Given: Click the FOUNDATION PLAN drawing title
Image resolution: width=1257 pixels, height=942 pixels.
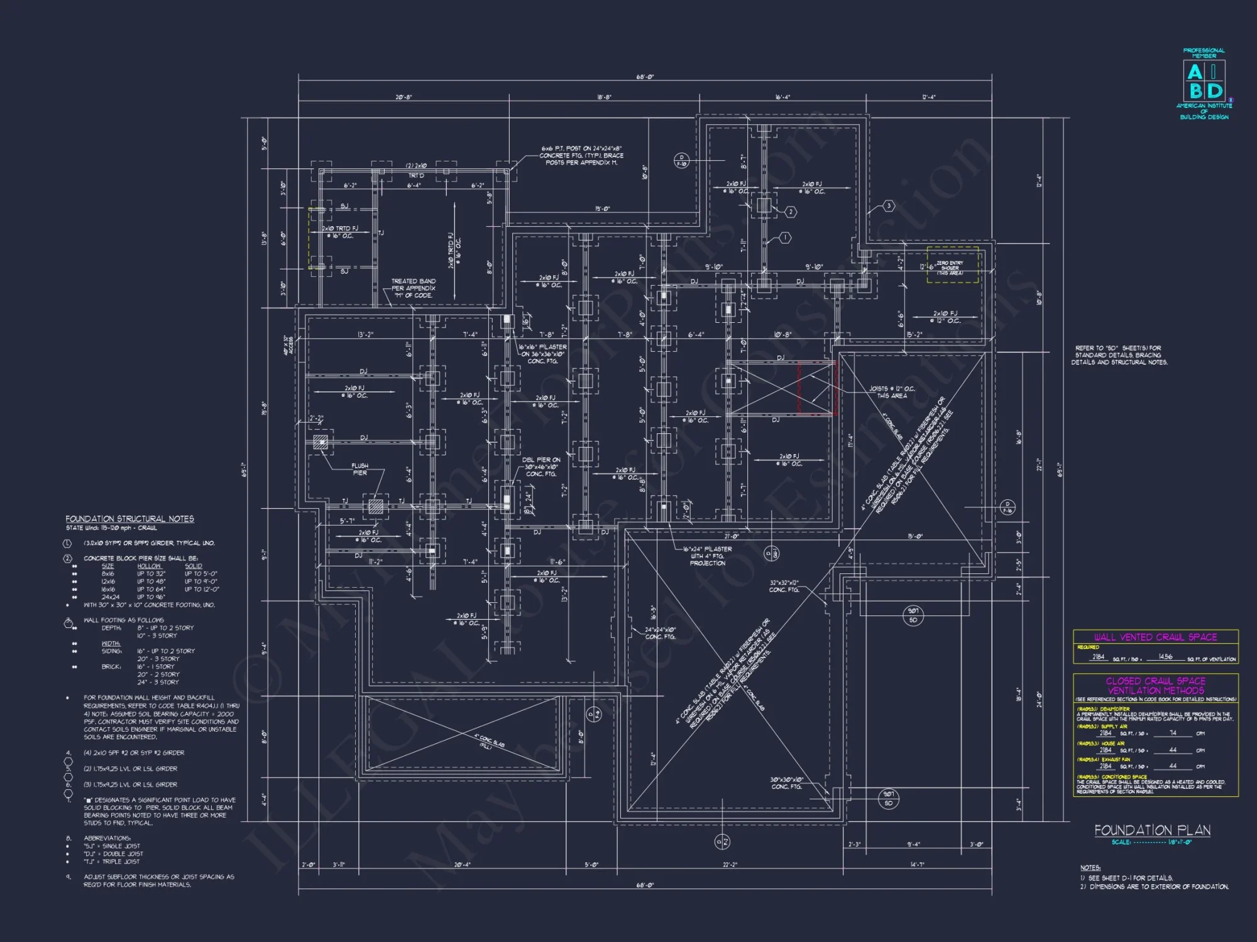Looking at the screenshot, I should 1152,830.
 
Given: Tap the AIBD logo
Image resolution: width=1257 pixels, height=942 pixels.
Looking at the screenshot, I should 1204,82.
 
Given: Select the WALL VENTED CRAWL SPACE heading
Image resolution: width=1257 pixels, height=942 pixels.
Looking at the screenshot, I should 1155,637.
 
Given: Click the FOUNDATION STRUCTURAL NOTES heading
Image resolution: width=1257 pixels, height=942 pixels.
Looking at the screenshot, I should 129,519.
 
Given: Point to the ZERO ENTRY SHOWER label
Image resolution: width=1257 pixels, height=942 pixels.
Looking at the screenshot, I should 950,268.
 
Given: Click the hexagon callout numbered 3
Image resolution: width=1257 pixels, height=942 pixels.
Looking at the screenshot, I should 889,205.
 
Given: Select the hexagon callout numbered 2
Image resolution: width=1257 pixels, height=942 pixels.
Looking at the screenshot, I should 791,212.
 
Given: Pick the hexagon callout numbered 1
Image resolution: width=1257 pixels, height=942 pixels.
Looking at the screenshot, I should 784,237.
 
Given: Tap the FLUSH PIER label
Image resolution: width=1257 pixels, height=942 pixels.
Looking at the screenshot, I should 360,469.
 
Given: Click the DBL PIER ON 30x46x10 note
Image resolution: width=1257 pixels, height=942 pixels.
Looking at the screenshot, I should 541,467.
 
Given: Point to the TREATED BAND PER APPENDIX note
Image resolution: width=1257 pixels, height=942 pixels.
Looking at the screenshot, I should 413,288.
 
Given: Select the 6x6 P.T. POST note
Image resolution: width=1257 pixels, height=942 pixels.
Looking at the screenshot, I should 581,155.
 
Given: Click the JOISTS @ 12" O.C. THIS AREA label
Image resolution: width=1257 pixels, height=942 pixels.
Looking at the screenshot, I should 892,392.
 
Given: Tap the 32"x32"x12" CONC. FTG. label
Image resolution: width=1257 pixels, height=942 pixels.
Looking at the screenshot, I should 784,586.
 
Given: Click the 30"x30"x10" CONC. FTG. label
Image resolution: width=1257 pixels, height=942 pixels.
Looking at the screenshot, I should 787,782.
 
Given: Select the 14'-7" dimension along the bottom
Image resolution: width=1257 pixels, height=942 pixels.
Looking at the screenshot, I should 918,865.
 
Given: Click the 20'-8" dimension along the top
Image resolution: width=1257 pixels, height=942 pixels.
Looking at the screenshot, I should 403,97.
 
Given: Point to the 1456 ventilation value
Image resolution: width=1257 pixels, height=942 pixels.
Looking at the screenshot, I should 1165,657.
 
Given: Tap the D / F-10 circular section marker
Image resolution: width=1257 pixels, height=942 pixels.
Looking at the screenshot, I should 682,160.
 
